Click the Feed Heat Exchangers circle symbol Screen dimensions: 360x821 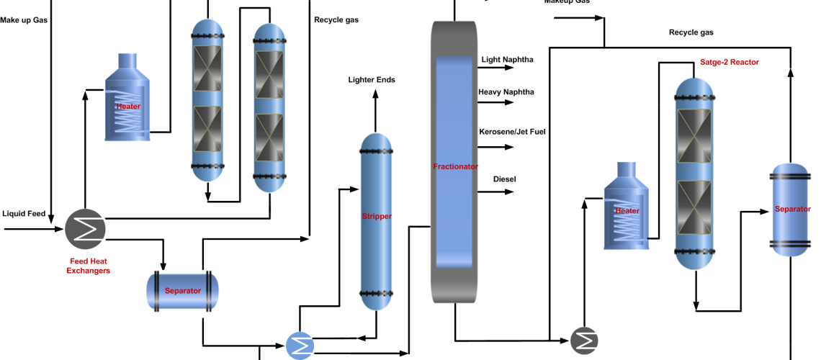pos(85,228)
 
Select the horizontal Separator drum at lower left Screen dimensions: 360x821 pos(182,291)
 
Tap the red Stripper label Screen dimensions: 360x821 pos(377,216)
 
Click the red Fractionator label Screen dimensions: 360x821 pos(455,166)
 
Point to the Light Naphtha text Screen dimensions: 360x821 pos(507,59)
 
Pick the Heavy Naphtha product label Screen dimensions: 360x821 pos(507,92)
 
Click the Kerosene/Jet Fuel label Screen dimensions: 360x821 pos(512,131)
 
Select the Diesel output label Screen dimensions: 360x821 pos(504,179)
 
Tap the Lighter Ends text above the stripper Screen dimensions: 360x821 pos(372,79)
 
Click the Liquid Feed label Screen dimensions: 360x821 pos(24,213)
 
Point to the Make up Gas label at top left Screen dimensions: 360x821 pos(24,19)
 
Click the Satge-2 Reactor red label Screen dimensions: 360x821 pos(730,62)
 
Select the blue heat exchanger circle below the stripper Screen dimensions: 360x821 pos(300,346)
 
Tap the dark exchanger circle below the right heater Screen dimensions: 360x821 pos(584,341)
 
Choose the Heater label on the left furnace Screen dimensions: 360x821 pos(128,107)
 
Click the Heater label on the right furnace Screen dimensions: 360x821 pos(627,211)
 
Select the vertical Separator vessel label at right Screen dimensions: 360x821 pos(791,209)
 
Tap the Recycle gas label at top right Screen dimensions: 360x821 pos(691,32)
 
